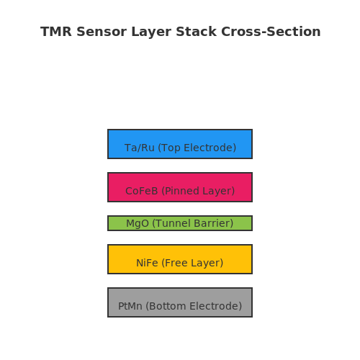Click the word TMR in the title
coord(56,32)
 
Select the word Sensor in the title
coord(102,32)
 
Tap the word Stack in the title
coord(196,32)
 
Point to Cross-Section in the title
coord(271,32)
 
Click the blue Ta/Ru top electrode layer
coord(180,144)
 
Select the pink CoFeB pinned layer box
coord(180,187)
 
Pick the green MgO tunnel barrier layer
coord(180,223)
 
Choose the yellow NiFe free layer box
coord(180,259)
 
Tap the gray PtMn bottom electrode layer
coord(180,302)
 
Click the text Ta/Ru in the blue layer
coord(140,148)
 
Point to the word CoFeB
coord(142,191)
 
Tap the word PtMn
coord(130,306)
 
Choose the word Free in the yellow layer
coord(175,263)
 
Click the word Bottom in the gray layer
coord(166,306)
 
